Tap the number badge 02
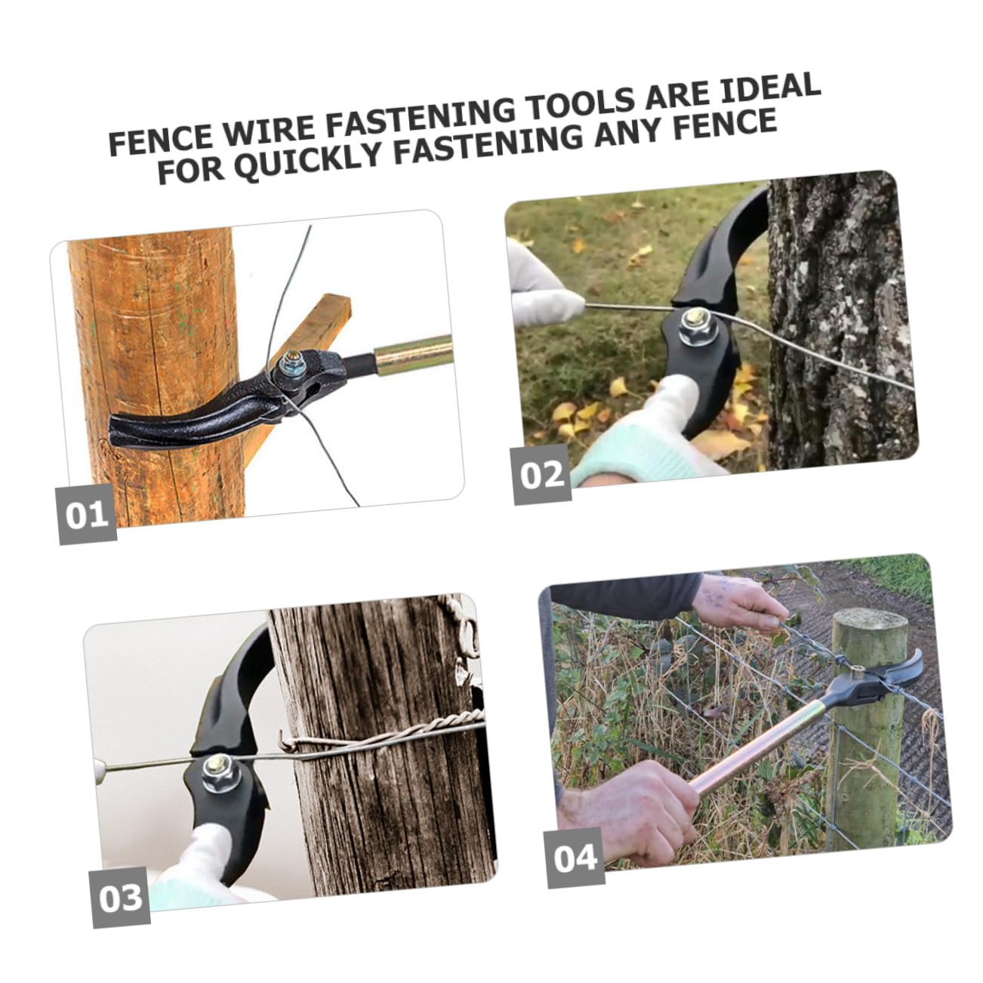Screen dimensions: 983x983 pyautogui.click(x=542, y=474)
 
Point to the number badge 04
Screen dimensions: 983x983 pyautogui.click(x=575, y=858)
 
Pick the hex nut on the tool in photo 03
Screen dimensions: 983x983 pyautogui.click(x=221, y=774)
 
